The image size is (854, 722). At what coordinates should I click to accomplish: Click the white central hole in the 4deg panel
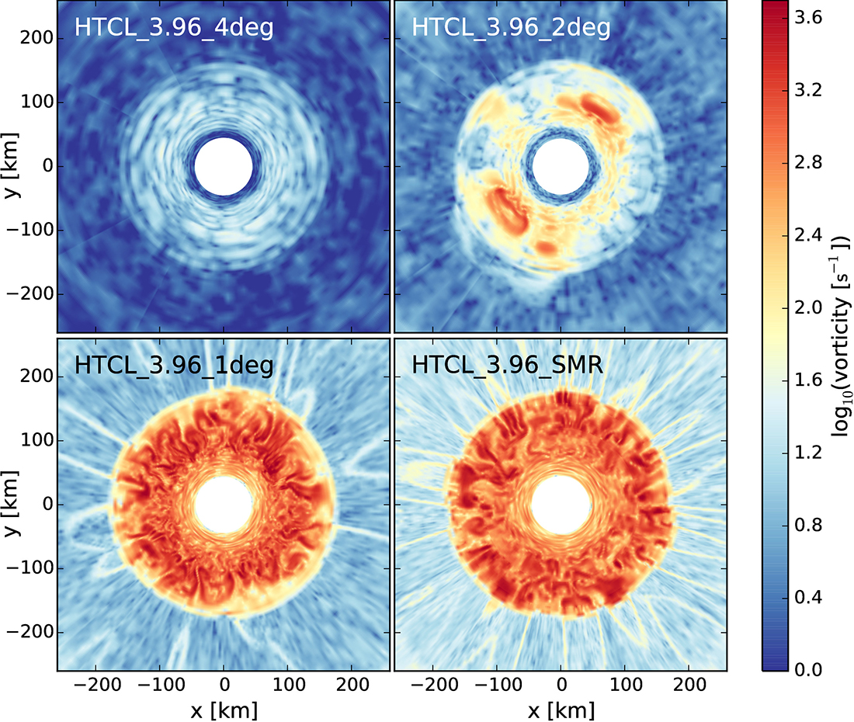pyautogui.click(x=224, y=167)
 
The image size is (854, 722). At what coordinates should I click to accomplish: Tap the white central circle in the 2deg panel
pyautogui.click(x=561, y=167)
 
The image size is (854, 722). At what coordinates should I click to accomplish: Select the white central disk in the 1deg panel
pyautogui.click(x=224, y=505)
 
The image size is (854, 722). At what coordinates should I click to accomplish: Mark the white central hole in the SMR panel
pyautogui.click(x=561, y=505)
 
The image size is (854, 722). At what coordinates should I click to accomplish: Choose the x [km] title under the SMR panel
pyautogui.click(x=561, y=709)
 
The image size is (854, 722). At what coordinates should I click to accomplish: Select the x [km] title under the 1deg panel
pyautogui.click(x=224, y=709)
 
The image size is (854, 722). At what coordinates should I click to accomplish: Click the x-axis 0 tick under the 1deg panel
pyautogui.click(x=224, y=686)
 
